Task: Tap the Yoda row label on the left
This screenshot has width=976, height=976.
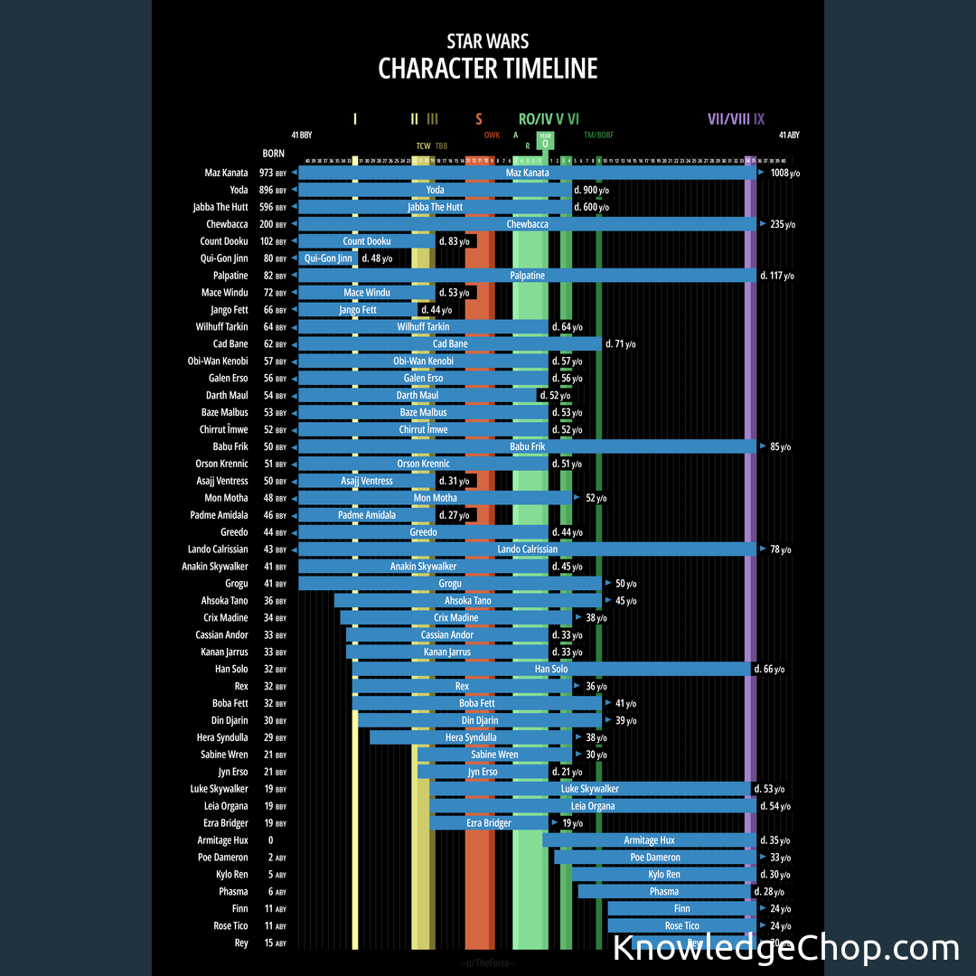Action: tap(239, 190)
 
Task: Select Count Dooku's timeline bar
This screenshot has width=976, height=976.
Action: tap(366, 241)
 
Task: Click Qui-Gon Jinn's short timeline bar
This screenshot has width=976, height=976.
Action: tap(328, 258)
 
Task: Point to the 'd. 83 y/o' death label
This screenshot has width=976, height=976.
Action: tap(454, 241)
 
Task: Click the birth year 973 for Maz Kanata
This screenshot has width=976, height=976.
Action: tap(266, 173)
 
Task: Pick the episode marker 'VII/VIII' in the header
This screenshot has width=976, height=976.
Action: tap(728, 118)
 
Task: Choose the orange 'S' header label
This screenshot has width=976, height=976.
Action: tap(479, 118)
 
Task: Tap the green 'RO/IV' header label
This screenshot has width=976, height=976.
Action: tap(535, 118)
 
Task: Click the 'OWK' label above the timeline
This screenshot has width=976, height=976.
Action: tap(492, 135)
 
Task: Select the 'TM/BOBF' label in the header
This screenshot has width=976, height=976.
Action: tap(598, 135)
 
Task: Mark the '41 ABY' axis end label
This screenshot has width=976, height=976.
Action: tap(786, 135)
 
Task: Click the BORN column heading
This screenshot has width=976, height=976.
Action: tap(273, 154)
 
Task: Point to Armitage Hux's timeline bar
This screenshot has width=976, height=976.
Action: tap(649, 840)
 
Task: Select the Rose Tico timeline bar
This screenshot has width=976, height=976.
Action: tap(681, 925)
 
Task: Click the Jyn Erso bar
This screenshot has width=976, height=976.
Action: tap(483, 772)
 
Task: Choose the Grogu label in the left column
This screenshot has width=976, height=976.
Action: tap(236, 584)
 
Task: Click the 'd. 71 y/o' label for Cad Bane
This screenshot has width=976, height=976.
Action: tap(620, 344)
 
